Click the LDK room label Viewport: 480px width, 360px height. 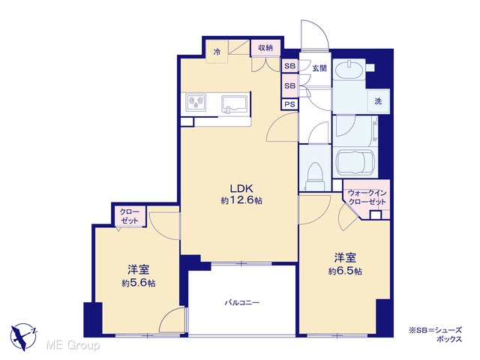pos(241,188)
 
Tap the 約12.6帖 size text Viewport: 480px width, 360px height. pos(241,200)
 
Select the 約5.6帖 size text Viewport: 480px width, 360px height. pos(138,283)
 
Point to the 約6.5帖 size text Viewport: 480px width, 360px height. pos(345,271)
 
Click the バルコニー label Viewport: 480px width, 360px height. pos(241,303)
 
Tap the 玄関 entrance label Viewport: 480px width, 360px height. pos(319,68)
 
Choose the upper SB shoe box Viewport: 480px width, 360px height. pos(289,66)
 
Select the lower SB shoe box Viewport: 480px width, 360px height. pos(289,85)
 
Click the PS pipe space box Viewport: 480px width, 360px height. pos(289,104)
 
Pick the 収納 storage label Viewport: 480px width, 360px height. pos(265,48)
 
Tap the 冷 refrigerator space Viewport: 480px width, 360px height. pos(217,52)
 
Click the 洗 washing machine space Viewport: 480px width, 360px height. pos(378,101)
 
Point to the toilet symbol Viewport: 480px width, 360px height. pos(315,177)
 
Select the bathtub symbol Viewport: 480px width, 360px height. pos(355,161)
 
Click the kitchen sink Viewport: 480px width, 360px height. pos(235,104)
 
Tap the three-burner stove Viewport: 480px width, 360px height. pos(196,102)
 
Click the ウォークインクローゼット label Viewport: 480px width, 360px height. pos(367,198)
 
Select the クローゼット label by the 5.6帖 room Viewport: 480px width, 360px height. pos(130,216)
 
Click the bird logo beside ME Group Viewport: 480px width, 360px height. pos(22,337)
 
